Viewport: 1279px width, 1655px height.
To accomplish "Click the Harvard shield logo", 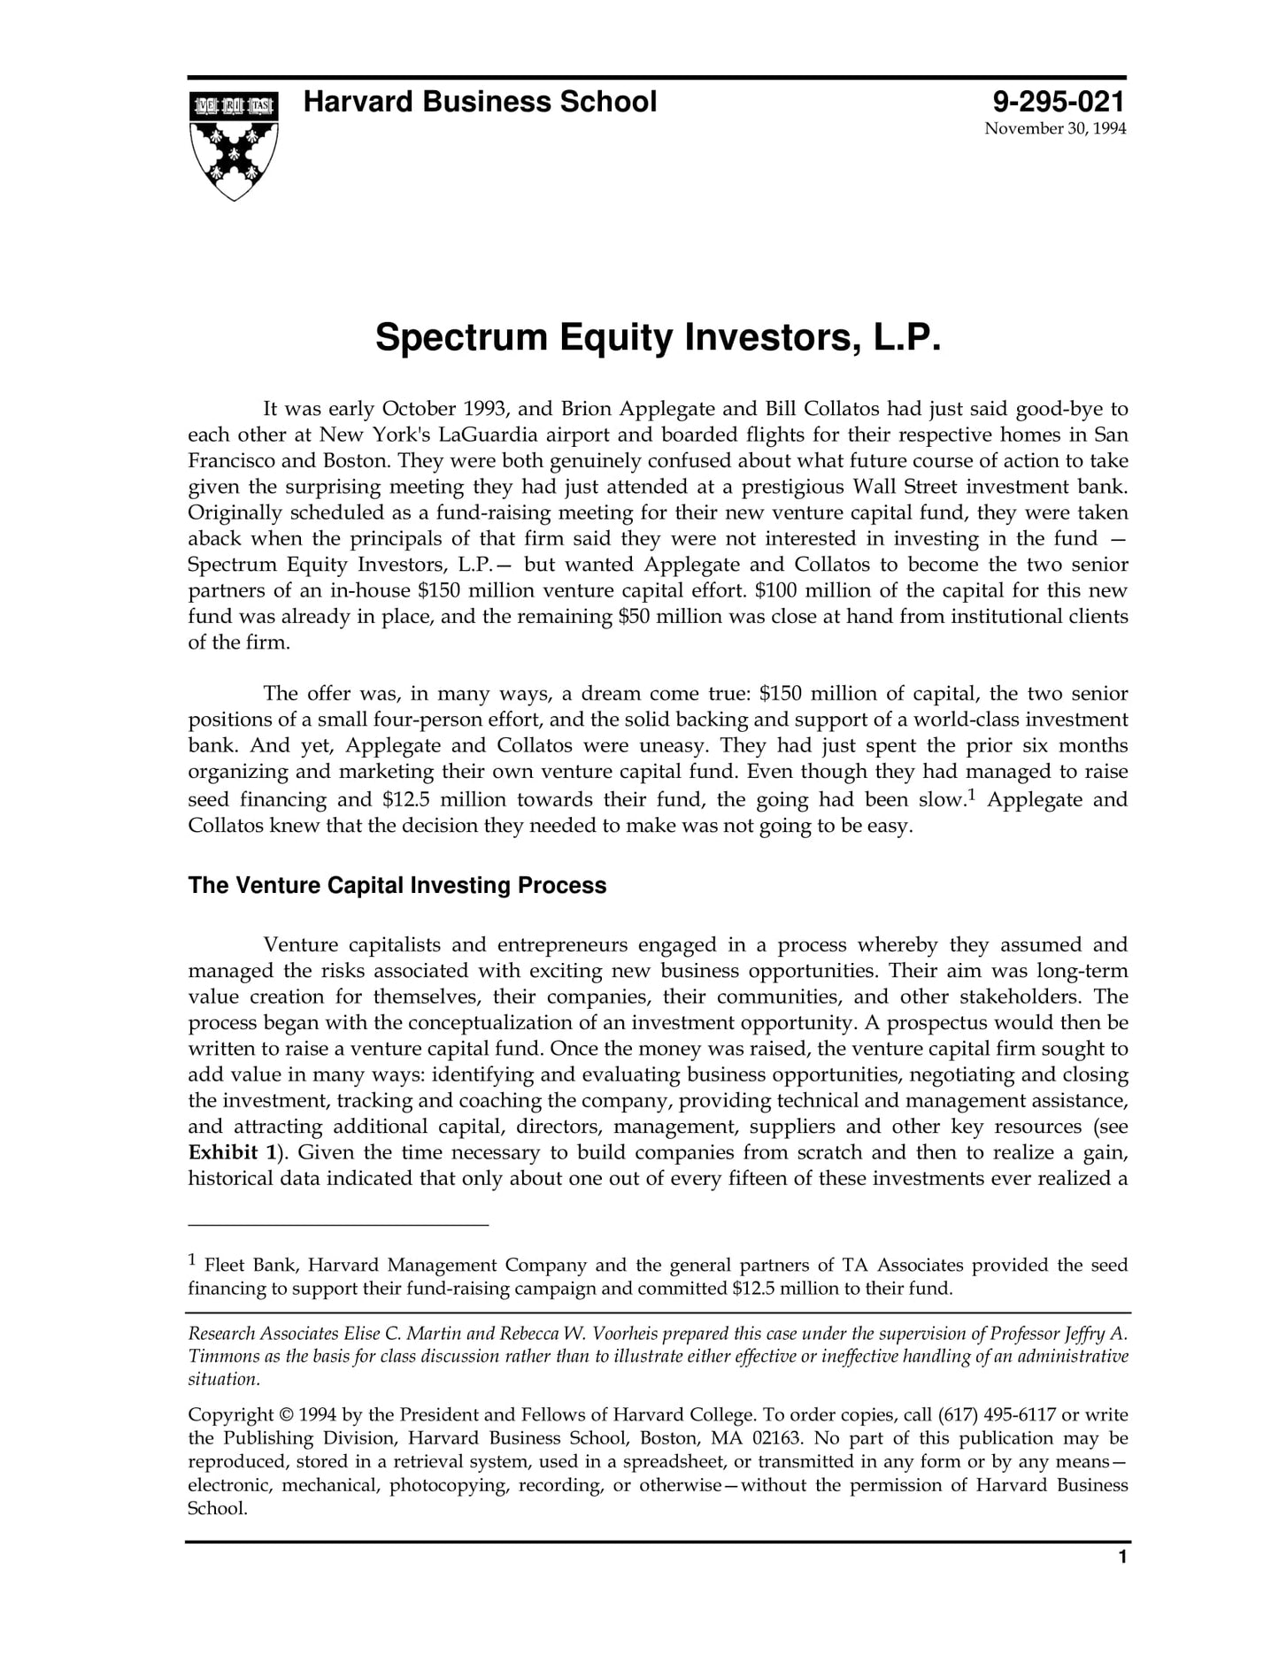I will (234, 145).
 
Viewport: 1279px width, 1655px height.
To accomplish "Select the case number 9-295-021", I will (1059, 102).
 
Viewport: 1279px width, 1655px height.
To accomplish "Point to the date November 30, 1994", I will (1055, 129).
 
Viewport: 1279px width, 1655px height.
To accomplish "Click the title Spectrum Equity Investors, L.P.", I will (657, 338).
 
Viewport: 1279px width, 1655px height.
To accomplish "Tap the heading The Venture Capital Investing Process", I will (397, 886).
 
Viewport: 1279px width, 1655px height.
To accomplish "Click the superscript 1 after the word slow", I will (971, 796).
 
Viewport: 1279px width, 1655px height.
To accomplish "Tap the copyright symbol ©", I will (286, 1415).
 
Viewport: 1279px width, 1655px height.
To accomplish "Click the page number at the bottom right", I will (1122, 1558).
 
